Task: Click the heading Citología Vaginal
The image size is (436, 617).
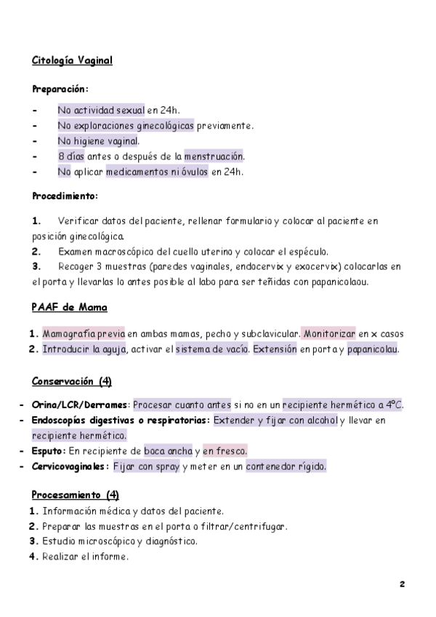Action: click(72, 60)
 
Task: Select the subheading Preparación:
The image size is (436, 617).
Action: click(60, 89)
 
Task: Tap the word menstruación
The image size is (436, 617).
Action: click(213, 156)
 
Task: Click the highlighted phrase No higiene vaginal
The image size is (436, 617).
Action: click(98, 141)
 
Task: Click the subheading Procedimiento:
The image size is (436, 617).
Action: click(65, 196)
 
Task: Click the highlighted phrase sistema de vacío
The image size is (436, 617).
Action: click(211, 349)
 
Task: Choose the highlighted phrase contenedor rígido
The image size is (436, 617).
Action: click(286, 466)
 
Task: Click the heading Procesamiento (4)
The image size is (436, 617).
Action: click(76, 495)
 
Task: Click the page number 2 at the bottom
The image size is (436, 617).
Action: click(402, 584)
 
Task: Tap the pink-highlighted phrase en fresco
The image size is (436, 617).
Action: click(225, 451)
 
